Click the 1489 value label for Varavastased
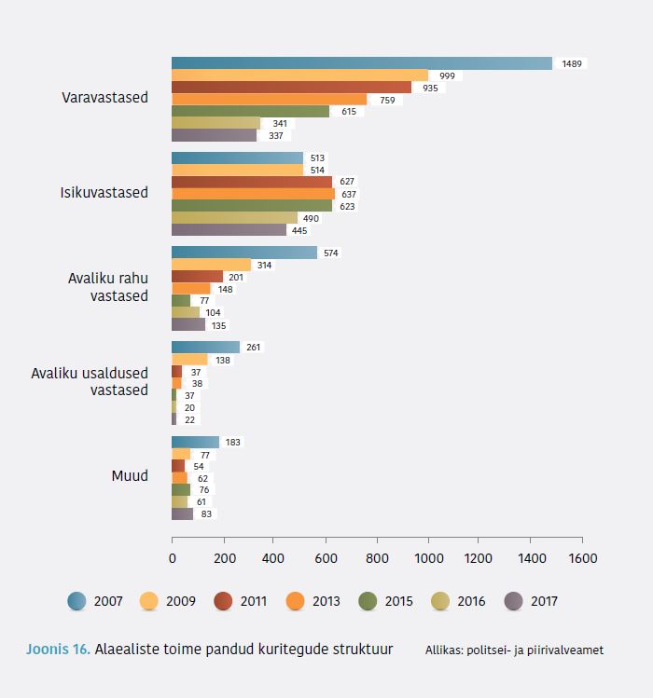(572, 63)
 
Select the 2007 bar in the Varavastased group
(361, 63)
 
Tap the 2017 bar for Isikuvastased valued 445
(229, 230)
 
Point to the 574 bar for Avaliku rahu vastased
(244, 253)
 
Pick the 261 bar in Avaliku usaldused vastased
(205, 348)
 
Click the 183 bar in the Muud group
(195, 442)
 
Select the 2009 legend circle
(149, 601)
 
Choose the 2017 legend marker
(512, 601)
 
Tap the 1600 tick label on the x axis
(582, 558)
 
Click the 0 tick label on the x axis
(172, 558)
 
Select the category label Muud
(130, 476)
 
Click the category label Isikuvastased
(104, 193)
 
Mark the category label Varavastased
(104, 97)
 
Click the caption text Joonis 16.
(58, 650)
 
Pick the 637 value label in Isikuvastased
(348, 194)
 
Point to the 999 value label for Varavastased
(447, 75)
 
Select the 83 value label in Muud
(206, 513)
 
